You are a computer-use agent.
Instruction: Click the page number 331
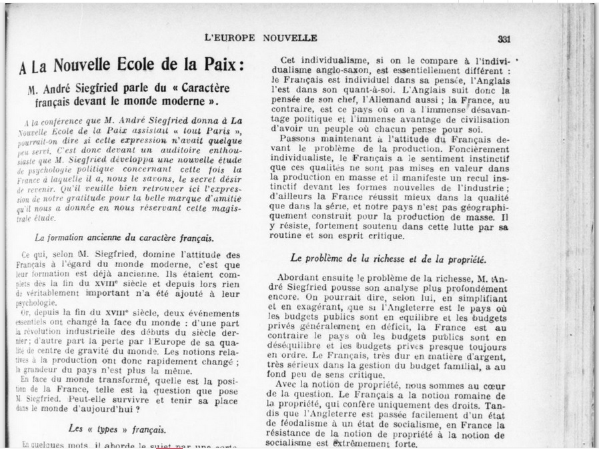[x=504, y=39]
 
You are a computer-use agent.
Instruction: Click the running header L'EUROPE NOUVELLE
[x=261, y=38]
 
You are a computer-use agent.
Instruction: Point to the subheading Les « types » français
[x=117, y=428]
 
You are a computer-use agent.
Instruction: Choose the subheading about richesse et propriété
[x=388, y=258]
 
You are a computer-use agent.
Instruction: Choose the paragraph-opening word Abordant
[x=308, y=277]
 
